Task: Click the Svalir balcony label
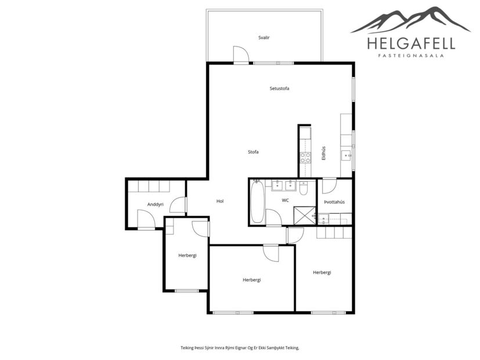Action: coord(264,37)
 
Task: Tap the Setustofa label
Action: coord(279,88)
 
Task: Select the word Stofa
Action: coord(253,152)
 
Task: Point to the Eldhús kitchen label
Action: coord(324,152)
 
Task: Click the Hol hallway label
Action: coord(220,201)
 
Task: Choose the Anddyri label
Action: coord(156,204)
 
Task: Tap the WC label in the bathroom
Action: coord(285,200)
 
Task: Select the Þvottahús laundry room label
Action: coord(334,202)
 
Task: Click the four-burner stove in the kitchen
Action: coord(305,157)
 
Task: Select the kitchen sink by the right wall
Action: coord(346,154)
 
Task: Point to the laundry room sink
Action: coord(323,218)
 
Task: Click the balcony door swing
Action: coord(241,55)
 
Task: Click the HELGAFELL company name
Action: coord(411,43)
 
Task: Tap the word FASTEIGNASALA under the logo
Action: coord(411,56)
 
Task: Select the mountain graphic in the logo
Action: coord(411,20)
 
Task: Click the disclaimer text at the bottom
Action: coord(240,348)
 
